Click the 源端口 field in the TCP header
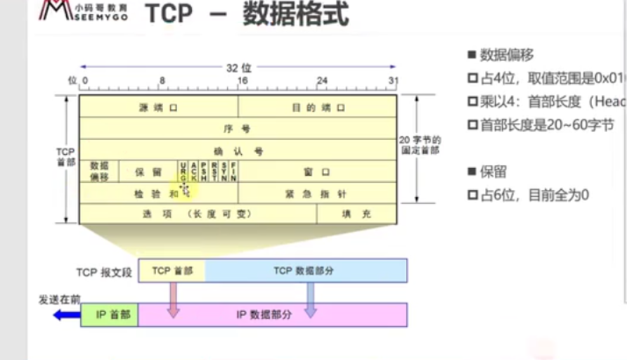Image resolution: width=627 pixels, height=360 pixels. [x=158, y=108]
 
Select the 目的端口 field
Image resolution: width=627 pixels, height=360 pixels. [x=318, y=108]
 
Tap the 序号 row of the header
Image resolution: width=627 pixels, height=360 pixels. [x=238, y=129]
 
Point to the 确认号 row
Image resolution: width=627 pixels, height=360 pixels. [x=238, y=150]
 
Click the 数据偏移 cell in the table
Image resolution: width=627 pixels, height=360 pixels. [x=99, y=172]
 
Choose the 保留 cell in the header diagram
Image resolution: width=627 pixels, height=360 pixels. [x=148, y=172]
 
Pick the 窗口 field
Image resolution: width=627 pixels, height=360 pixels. [x=318, y=172]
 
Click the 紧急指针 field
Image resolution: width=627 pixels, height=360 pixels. [x=318, y=193]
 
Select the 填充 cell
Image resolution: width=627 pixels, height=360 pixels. [x=356, y=214]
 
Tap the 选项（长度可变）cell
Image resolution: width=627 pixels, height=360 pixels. [x=198, y=214]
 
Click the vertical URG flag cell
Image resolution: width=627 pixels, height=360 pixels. [x=183, y=172]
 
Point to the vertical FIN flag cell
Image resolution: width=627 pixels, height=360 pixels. [x=233, y=172]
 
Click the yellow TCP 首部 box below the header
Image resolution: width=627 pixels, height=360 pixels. [x=172, y=271]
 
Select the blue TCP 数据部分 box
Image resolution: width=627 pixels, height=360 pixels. [x=306, y=271]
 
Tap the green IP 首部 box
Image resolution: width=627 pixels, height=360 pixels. [x=110, y=315]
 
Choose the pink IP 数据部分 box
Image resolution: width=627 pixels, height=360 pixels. [x=272, y=315]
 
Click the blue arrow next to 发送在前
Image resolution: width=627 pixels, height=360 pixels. [x=67, y=315]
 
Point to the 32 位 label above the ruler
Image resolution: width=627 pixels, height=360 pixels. [x=238, y=68]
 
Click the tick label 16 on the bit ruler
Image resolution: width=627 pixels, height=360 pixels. [x=243, y=81]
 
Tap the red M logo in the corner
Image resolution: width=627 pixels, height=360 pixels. [x=53, y=11]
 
